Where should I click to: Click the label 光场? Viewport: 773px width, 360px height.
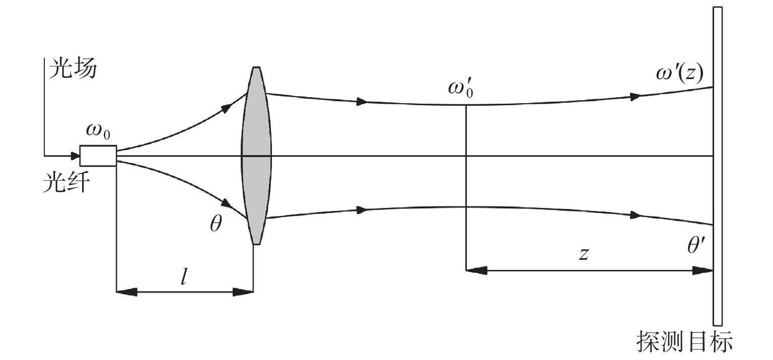(x=73, y=68)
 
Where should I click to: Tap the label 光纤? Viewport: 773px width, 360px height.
(x=66, y=182)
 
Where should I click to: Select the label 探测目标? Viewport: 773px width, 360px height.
(x=685, y=342)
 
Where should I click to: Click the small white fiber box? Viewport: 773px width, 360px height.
(x=98, y=156)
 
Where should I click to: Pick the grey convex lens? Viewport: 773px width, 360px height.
(x=256, y=156)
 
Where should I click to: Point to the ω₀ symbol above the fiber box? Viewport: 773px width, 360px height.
(x=98, y=132)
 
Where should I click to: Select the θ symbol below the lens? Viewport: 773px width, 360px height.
(x=216, y=224)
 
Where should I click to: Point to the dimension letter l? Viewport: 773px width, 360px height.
(x=184, y=276)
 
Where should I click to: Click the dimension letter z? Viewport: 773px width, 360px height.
(x=584, y=254)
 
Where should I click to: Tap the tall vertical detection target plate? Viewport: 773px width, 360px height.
(x=718, y=166)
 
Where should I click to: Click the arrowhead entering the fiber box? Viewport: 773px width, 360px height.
(x=75, y=156)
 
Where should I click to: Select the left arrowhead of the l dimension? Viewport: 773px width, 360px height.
(x=126, y=292)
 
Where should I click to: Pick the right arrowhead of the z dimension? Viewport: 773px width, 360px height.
(x=703, y=270)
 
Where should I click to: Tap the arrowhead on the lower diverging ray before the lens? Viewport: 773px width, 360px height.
(x=227, y=203)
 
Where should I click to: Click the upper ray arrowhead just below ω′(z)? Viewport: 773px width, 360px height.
(x=636, y=97)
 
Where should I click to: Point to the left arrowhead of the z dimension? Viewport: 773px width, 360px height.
(x=476, y=270)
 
